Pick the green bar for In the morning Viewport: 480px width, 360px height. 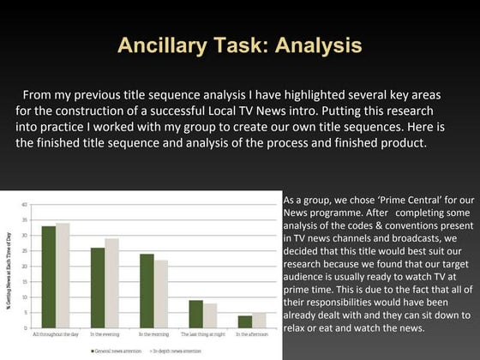tap(147, 291)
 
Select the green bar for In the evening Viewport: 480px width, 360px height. tap(98, 287)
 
